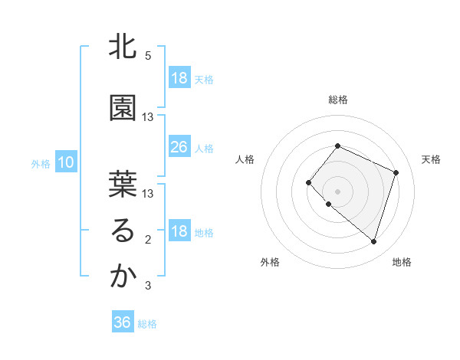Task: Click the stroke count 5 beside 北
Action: (x=148, y=56)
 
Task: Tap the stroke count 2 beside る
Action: (x=148, y=240)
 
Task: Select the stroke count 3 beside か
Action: (x=148, y=286)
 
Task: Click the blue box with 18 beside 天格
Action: (x=179, y=78)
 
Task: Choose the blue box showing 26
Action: (x=179, y=147)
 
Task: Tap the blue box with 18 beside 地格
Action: (x=179, y=232)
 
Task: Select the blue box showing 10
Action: (x=65, y=162)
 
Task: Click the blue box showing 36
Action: (x=123, y=322)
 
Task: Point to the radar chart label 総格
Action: (x=337, y=100)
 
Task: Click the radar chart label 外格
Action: (x=270, y=262)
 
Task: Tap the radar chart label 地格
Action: (x=402, y=262)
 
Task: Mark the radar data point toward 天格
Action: (x=396, y=172)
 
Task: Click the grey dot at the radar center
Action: (x=337, y=191)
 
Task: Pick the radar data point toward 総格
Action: (x=337, y=146)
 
